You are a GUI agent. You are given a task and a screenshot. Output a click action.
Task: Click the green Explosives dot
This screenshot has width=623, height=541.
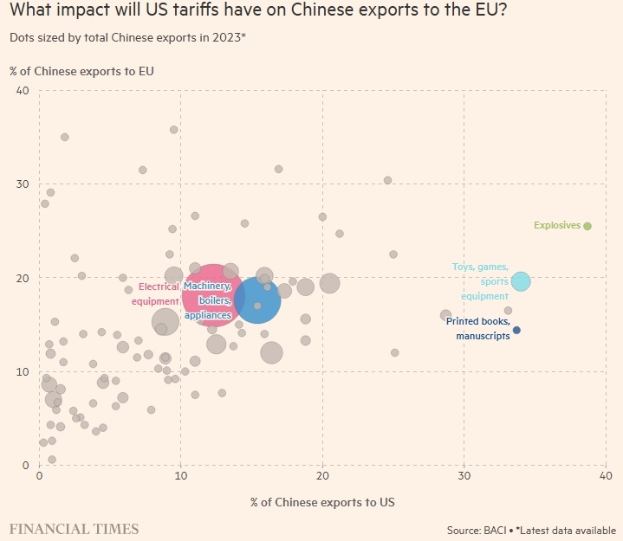pos(587,226)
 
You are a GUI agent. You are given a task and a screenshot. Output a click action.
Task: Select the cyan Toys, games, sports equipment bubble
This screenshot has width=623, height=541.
pos(520,281)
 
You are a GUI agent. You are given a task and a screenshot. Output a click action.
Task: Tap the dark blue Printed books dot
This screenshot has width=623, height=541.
pos(516,330)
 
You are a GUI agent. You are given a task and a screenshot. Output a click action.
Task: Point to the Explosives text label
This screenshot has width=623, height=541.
pos(556,226)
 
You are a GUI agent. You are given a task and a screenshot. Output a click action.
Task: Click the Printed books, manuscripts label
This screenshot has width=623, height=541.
pos(477,328)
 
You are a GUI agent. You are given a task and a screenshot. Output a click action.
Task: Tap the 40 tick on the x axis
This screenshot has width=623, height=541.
pos(606,477)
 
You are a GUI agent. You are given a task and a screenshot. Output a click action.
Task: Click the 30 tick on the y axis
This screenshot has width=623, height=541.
pos(23,184)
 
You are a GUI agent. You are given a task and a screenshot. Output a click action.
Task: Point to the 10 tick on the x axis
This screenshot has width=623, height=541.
pos(180,477)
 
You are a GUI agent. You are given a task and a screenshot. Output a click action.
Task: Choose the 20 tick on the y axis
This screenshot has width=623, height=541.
pos(23,278)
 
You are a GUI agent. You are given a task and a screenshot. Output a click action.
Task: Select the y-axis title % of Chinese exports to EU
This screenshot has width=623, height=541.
pos(81,70)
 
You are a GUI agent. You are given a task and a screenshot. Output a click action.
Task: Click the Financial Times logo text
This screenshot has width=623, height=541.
pos(74,527)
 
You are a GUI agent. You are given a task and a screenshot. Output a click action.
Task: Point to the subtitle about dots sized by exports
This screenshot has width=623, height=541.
pos(127,39)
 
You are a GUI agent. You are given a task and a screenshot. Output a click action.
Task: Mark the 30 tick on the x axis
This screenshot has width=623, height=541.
pos(464,477)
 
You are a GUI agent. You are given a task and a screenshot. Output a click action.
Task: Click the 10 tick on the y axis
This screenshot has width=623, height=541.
pos(23,371)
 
